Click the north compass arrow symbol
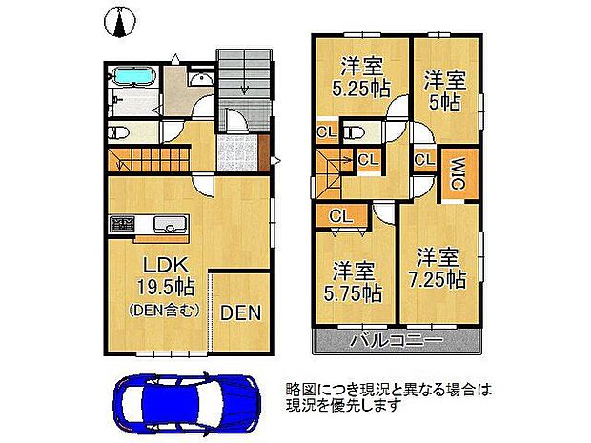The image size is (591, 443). click(119, 21)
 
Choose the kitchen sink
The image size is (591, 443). click(168, 226)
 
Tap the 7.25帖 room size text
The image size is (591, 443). click(439, 280)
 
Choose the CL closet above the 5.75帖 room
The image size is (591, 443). click(339, 217)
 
